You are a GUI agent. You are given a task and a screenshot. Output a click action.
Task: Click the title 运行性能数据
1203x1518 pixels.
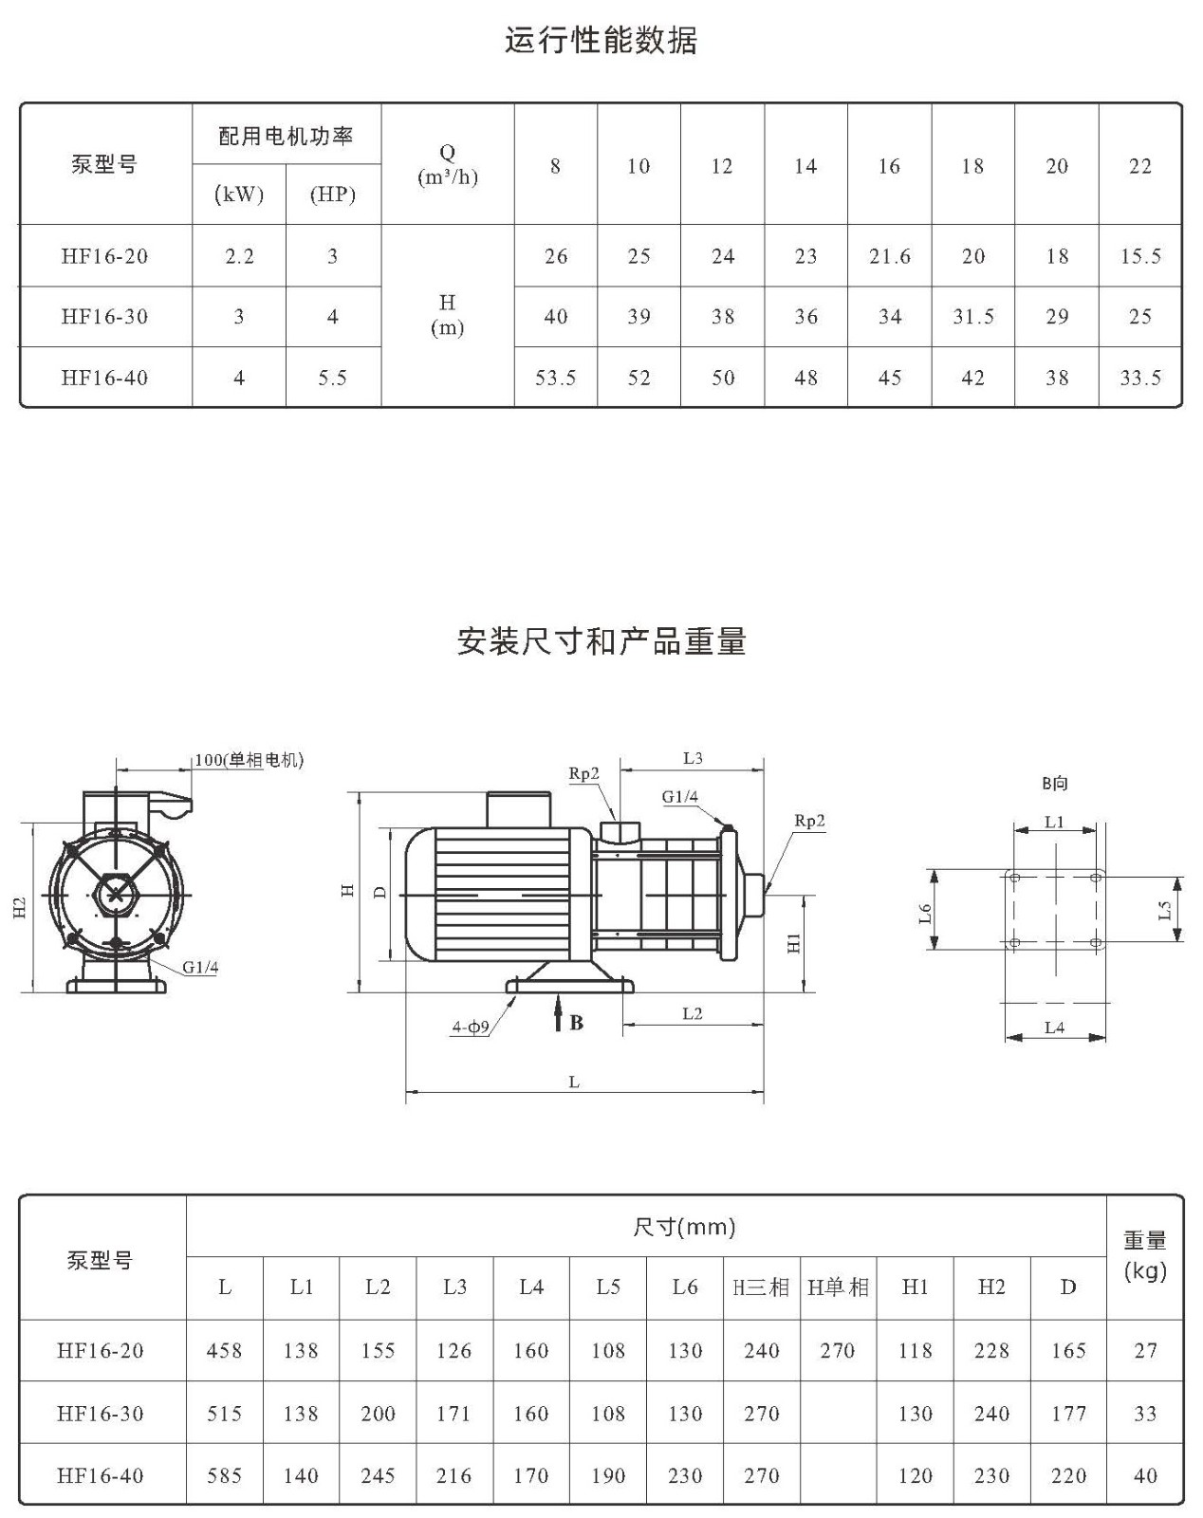[601, 41]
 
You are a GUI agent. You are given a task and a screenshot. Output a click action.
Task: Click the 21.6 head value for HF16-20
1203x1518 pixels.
[890, 256]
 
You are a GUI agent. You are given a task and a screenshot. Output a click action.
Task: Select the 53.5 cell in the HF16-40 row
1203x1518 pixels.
[555, 379]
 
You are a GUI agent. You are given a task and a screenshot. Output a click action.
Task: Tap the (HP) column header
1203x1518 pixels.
[332, 194]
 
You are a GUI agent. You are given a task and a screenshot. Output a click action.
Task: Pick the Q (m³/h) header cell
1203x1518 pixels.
[448, 165]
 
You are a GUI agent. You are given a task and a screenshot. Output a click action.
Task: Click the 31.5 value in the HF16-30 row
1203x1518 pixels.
[973, 317]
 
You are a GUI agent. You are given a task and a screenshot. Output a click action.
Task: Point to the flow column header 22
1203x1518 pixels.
[1140, 166]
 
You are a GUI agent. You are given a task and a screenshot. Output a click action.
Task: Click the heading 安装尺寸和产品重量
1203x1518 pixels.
[601, 641]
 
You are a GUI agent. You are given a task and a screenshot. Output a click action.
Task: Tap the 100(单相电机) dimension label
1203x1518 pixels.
[250, 760]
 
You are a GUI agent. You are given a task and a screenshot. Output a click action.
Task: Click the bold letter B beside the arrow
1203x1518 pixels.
[577, 1023]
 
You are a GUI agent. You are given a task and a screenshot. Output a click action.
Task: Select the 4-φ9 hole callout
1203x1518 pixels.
[471, 1027]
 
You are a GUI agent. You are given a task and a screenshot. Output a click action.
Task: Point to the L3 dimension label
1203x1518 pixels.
[693, 758]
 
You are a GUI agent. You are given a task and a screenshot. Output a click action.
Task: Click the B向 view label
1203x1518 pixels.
[1055, 784]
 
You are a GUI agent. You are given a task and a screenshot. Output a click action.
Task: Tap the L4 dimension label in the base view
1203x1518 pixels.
[1054, 1027]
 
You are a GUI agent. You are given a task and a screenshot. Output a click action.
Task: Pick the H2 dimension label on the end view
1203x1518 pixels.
[19, 908]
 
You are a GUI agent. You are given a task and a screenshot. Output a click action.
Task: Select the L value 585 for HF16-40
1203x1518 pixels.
[224, 1475]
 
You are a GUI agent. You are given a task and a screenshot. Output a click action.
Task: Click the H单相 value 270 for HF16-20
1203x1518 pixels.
[838, 1351]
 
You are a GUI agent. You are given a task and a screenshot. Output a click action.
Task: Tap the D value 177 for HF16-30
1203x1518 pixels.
[1068, 1414]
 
